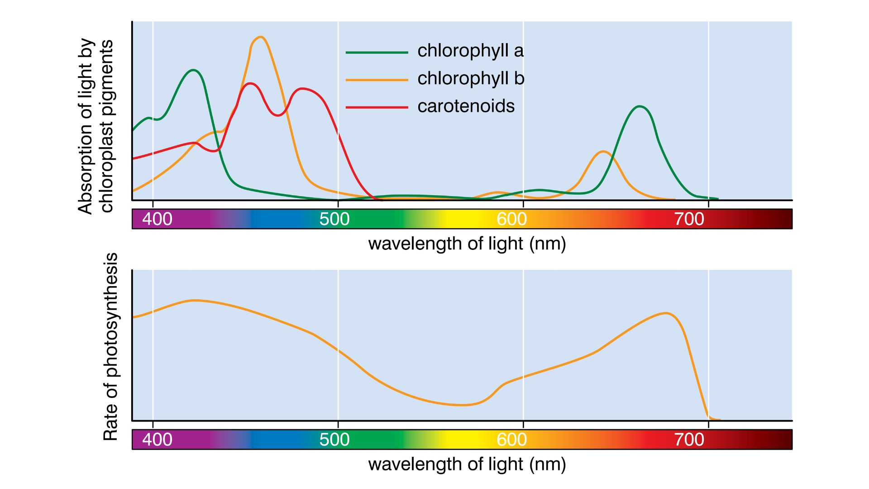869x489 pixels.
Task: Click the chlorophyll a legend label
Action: [x=470, y=51]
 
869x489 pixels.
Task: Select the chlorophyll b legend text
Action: [x=471, y=78]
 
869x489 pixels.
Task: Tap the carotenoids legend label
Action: [x=466, y=106]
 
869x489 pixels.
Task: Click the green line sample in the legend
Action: [x=377, y=53]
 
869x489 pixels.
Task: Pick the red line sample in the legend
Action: [x=377, y=107]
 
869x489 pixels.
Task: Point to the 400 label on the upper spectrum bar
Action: [x=157, y=219]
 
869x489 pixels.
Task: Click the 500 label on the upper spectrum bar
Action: [x=334, y=219]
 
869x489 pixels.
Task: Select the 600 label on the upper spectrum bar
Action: [x=511, y=219]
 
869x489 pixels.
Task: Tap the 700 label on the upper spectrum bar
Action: [x=689, y=219]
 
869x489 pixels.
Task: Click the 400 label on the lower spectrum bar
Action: [x=157, y=440]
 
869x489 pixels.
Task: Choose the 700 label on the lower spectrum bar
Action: [x=689, y=440]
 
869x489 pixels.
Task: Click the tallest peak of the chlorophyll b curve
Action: [x=261, y=37]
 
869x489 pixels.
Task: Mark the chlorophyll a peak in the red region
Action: [x=639, y=106]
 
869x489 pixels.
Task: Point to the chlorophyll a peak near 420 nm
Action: [x=194, y=70]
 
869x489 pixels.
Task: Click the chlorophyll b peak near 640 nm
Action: [x=603, y=152]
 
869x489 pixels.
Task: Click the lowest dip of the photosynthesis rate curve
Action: [x=462, y=405]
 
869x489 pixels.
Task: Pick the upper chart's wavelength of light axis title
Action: [x=467, y=244]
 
